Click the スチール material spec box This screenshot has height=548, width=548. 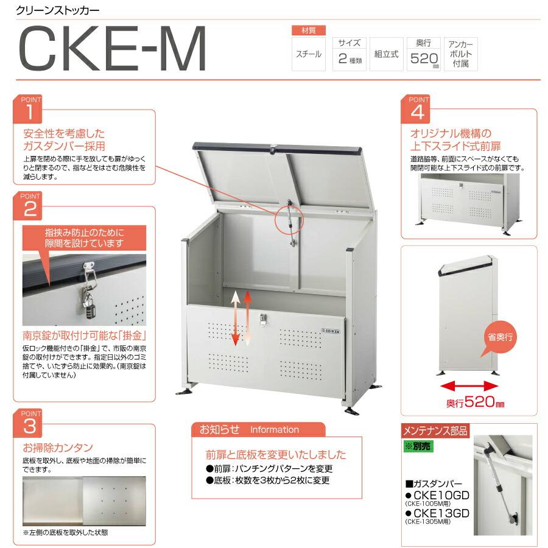[309, 54]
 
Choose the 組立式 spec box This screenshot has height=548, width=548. [386, 54]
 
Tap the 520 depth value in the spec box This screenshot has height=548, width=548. [421, 59]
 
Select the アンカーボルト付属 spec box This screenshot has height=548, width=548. [461, 54]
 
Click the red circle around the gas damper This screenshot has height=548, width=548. [290, 217]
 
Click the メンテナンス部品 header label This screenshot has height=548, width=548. [435, 431]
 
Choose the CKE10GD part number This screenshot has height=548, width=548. [441, 495]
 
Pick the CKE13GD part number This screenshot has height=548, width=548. [441, 513]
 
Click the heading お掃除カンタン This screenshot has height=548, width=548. [58, 446]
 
